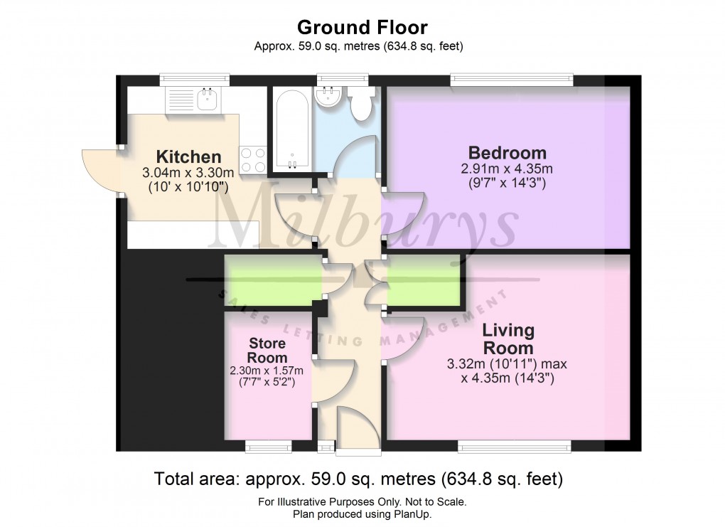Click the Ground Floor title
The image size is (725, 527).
362,28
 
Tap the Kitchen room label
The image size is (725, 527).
188,156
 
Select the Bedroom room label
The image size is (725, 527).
507,152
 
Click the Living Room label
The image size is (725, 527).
507,339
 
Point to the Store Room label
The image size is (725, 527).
267,351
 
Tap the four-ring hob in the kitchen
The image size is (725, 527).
253,159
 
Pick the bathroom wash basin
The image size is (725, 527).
330,97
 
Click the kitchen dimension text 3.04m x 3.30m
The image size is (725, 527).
188,173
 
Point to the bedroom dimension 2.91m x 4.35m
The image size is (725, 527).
507,169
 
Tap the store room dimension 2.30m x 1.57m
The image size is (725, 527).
267,371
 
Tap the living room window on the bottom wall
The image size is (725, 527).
514,446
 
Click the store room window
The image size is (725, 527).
268,446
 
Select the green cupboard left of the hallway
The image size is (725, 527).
272,280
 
